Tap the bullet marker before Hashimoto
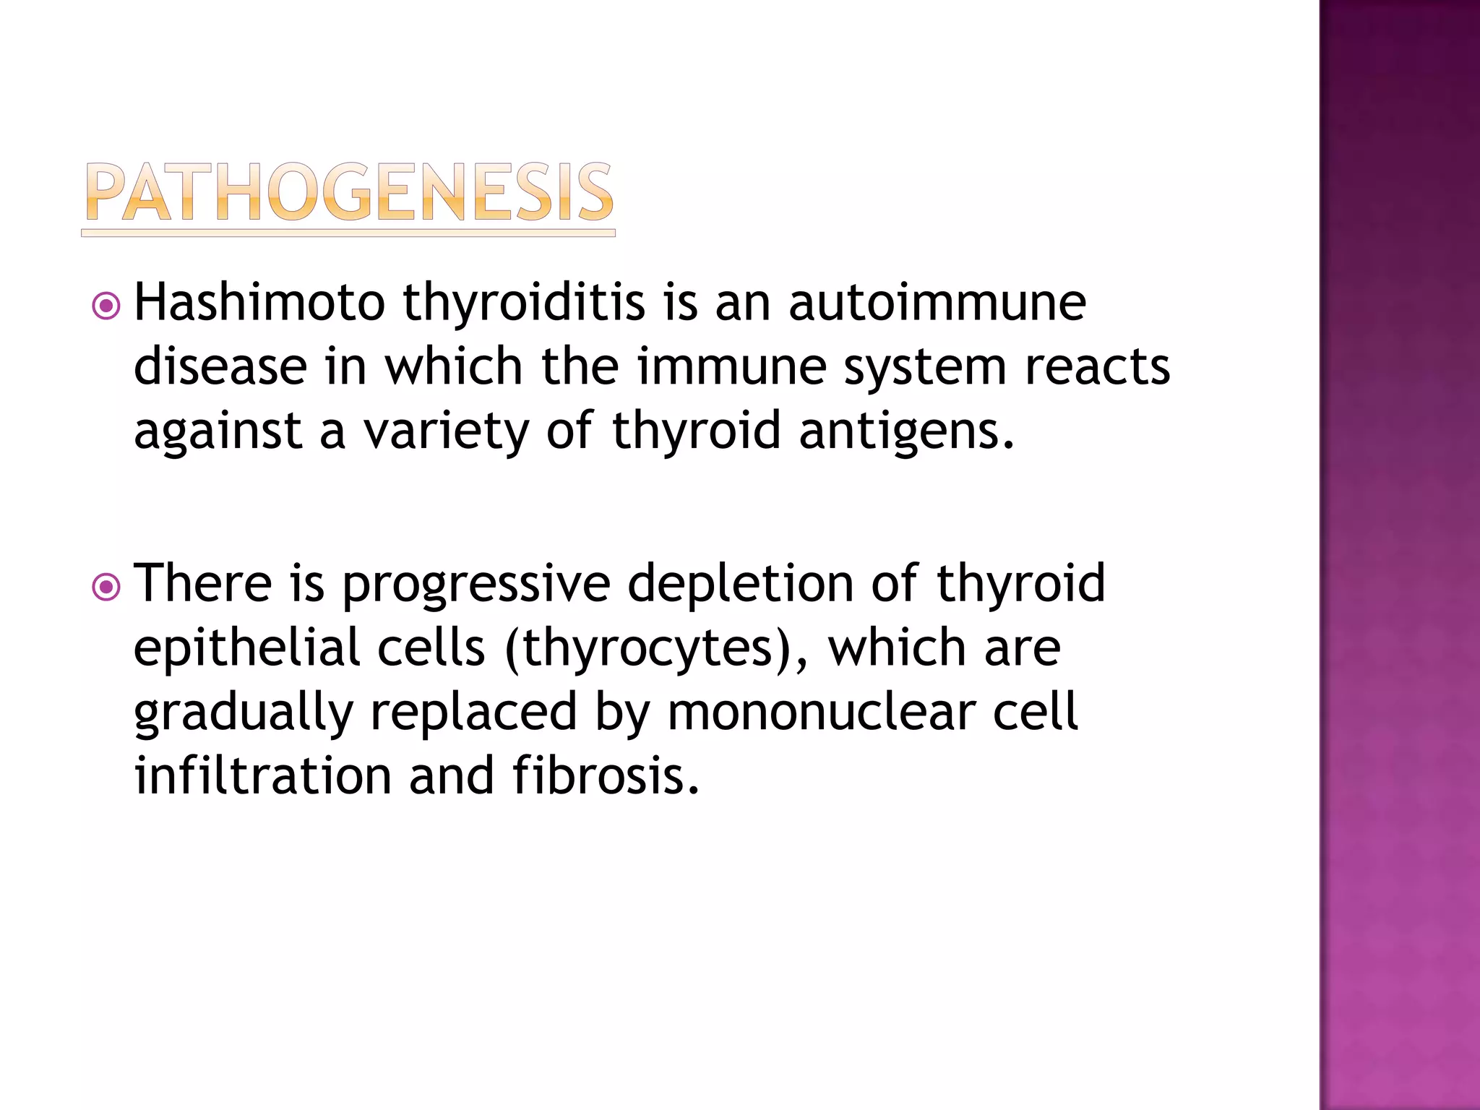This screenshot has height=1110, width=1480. (x=106, y=306)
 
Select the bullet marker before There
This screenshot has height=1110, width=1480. (x=106, y=587)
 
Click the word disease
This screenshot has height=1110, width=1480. (x=220, y=366)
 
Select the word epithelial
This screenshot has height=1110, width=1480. (x=246, y=648)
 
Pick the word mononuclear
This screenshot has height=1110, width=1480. (x=821, y=712)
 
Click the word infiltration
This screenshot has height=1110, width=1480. (x=263, y=775)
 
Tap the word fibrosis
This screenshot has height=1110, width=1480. (x=606, y=775)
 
